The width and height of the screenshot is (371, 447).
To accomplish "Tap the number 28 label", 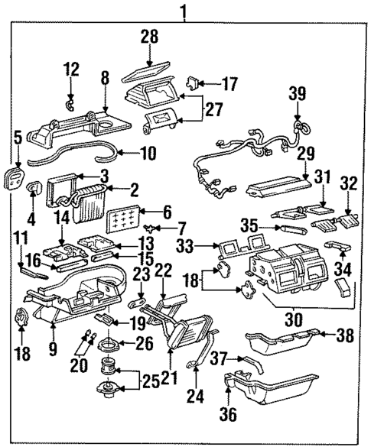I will pyautogui.click(x=149, y=37).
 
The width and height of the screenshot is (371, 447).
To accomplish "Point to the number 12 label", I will pyautogui.click(x=70, y=70).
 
